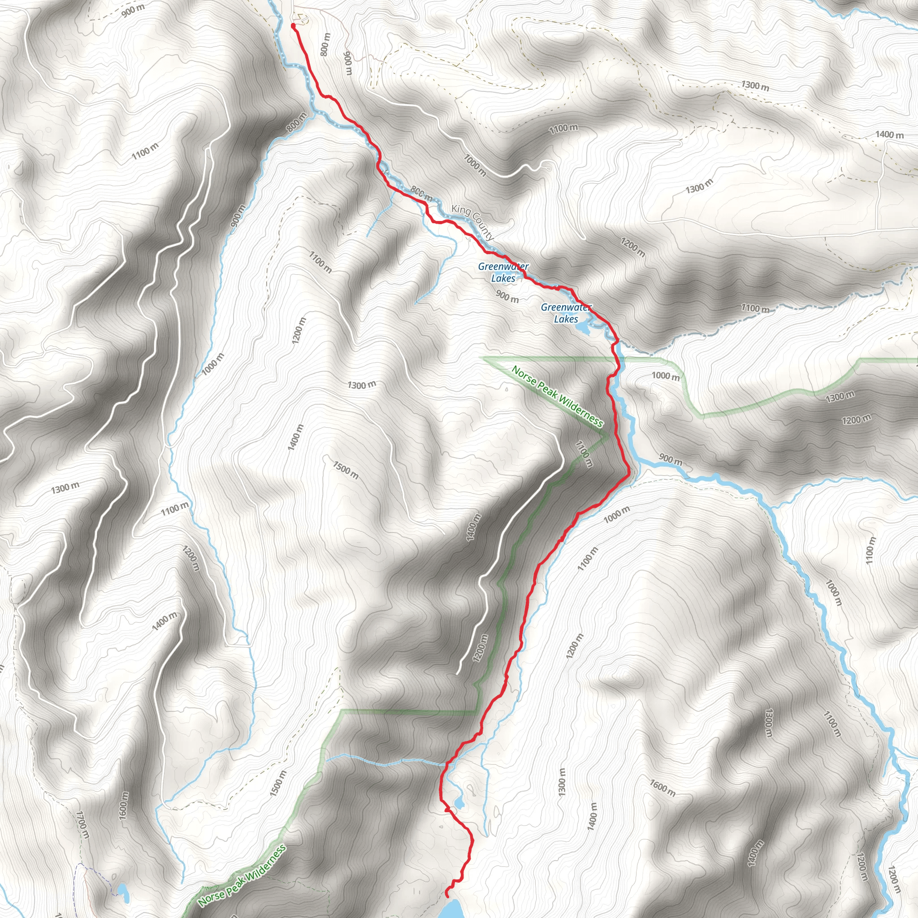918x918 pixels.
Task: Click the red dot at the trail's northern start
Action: coord(293,26)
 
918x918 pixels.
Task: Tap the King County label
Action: coord(472,222)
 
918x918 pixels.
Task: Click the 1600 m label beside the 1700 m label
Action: coord(124,805)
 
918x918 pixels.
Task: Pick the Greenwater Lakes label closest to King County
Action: coord(503,272)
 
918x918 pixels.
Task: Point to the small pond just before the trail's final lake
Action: coord(459,802)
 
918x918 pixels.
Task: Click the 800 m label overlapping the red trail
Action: coord(421,193)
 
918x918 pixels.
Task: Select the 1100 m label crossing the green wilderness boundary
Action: coord(584,454)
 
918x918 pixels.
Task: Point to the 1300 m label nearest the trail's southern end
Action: coord(562,782)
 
